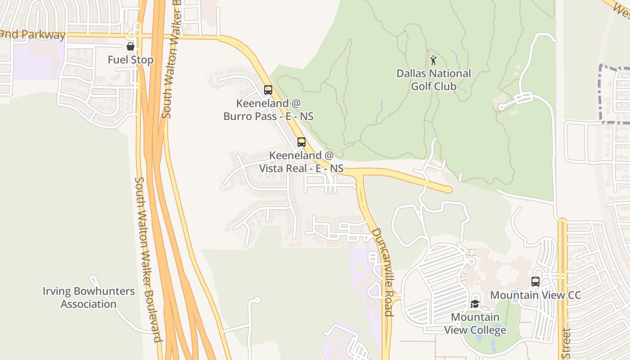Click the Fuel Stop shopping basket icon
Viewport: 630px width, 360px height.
click(130, 46)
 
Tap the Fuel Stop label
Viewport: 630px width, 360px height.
click(130, 60)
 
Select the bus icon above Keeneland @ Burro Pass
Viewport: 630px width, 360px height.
click(268, 90)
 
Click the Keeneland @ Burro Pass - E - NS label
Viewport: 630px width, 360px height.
click(268, 110)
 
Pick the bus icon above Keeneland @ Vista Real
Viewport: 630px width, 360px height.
click(301, 142)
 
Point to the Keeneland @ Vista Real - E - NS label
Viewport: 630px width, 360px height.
click(301, 162)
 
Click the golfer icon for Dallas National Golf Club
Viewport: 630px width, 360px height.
click(433, 60)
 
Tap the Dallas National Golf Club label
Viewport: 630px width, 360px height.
click(434, 80)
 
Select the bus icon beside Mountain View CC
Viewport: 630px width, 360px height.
click(535, 282)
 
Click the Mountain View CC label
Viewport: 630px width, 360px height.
click(535, 295)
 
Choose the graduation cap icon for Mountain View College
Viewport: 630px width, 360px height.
click(475, 304)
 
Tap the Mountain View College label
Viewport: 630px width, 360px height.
click(475, 324)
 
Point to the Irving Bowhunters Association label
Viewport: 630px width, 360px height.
click(89, 297)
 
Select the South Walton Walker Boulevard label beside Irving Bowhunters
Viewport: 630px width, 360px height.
click(148, 259)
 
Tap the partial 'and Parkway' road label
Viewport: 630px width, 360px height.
click(33, 35)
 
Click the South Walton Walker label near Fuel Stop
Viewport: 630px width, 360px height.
click(171, 58)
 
